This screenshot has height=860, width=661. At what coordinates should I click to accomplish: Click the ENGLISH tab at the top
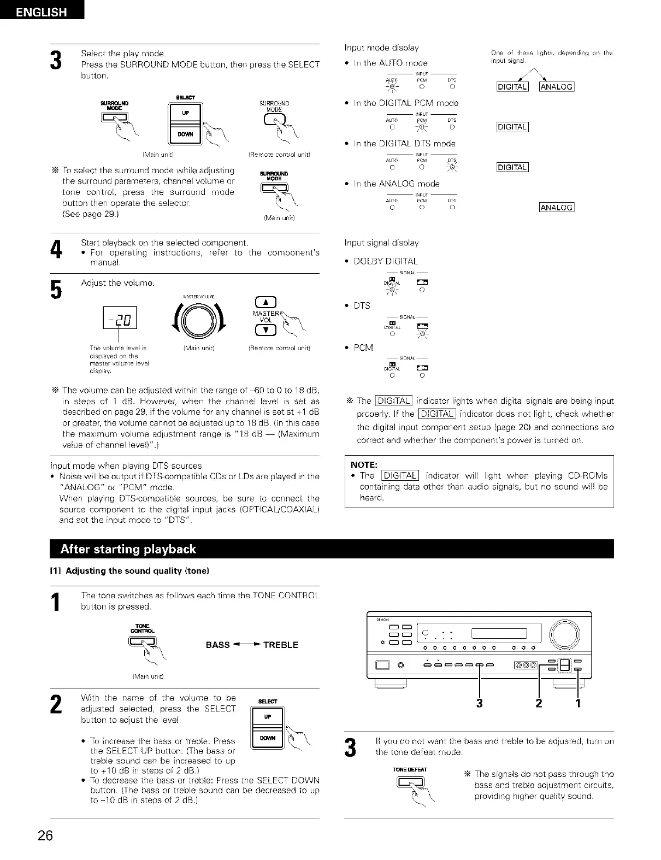click(x=42, y=11)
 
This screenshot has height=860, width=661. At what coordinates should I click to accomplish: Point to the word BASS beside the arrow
click(x=217, y=645)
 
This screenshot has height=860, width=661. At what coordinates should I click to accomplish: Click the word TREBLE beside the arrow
click(x=280, y=645)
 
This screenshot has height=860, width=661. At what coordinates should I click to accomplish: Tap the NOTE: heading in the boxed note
click(x=364, y=465)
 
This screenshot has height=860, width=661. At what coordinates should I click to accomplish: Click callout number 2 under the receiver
click(x=539, y=703)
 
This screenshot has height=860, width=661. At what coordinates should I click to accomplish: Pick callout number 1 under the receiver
click(x=577, y=703)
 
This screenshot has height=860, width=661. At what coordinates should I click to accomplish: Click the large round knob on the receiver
click(x=565, y=634)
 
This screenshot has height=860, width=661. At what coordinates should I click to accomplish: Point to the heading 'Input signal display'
click(x=381, y=243)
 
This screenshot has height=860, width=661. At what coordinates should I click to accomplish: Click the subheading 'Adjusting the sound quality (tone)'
click(x=137, y=571)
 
